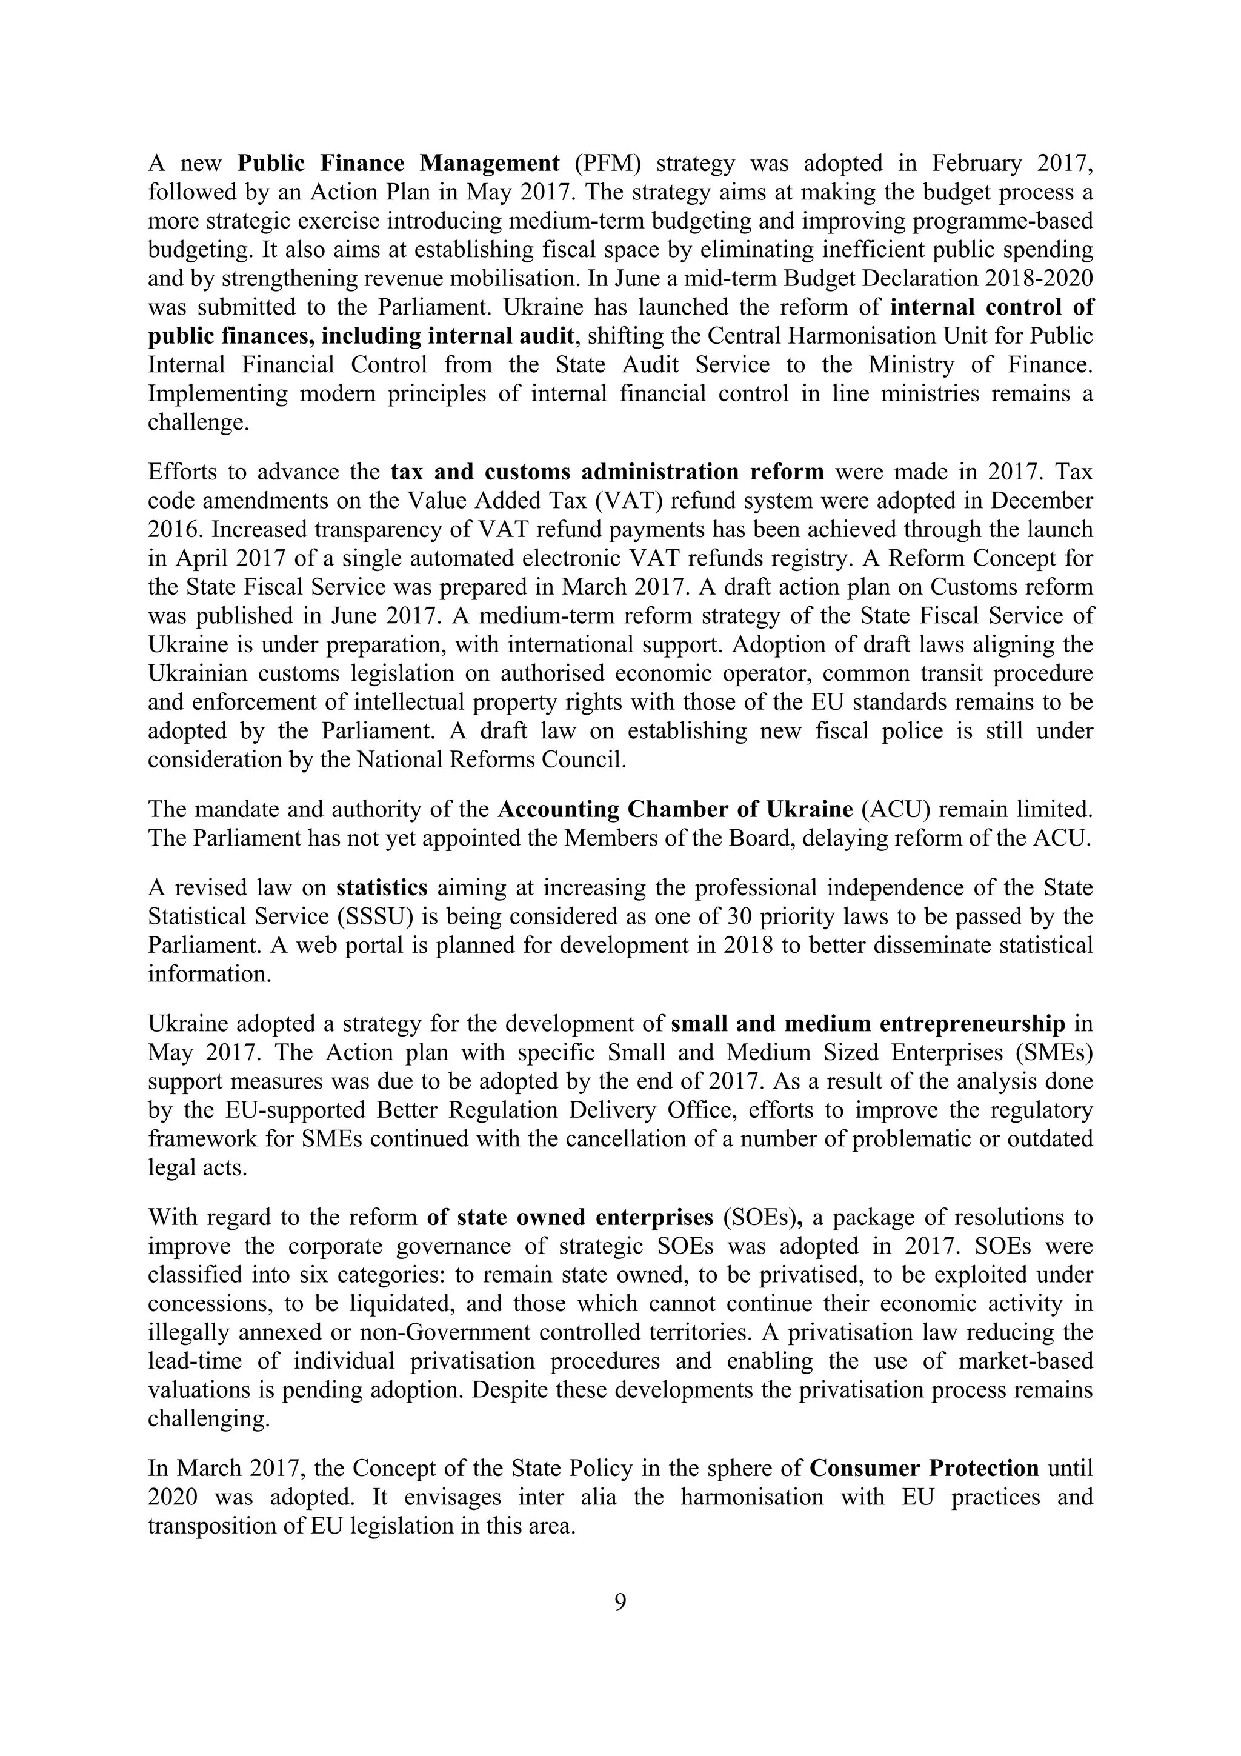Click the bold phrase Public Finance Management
pos(398,163)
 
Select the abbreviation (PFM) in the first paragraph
pos(608,163)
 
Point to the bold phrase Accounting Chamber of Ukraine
pos(675,809)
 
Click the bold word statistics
pos(382,888)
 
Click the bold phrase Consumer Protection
pos(923,1469)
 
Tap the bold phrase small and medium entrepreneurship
pos(868,1024)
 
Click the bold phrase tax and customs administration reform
pos(607,472)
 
